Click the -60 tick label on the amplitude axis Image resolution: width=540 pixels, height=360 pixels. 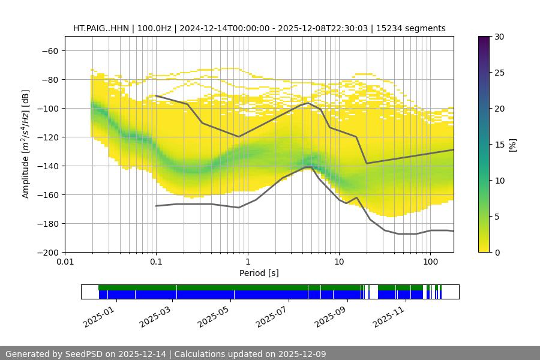[50, 50]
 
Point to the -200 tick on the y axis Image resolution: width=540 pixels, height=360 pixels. [47, 252]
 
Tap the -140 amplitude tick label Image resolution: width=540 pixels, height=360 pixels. [47, 166]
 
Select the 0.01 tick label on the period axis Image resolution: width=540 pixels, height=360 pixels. [65, 262]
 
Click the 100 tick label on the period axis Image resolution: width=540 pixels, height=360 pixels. [430, 262]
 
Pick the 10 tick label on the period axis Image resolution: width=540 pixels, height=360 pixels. [339, 262]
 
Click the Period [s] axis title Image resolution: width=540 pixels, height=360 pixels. [259, 273]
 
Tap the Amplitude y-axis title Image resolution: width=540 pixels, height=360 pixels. [25, 144]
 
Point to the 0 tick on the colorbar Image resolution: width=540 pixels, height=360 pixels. [497, 252]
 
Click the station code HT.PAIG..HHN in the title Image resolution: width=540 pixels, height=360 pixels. [100, 28]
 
